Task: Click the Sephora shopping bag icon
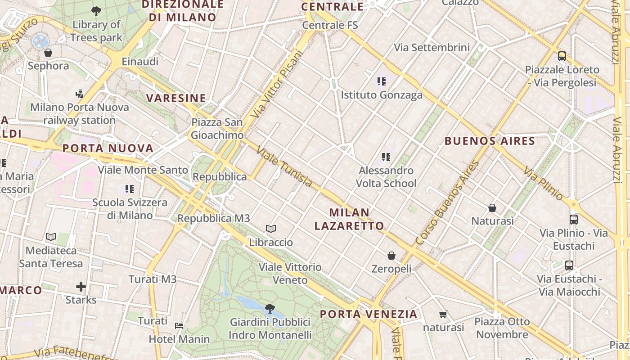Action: tap(48, 53)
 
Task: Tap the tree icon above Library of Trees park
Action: tap(96, 11)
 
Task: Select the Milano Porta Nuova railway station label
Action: tap(80, 114)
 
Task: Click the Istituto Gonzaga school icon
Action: tap(382, 81)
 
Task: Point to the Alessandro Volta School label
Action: tap(386, 177)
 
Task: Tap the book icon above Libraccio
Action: tap(271, 229)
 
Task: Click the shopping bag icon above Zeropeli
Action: tap(391, 256)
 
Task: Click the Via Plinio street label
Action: tap(544, 184)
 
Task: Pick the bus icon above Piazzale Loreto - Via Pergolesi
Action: tap(562, 56)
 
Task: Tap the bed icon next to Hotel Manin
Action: tap(179, 325)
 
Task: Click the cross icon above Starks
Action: tap(81, 287)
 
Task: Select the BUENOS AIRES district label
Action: tap(490, 141)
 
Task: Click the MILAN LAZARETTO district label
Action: tap(349, 219)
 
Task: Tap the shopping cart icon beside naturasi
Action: tap(443, 315)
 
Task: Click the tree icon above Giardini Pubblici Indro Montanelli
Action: tap(270, 309)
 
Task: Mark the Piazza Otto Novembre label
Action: tap(502, 328)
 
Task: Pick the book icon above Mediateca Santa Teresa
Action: tap(51, 237)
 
